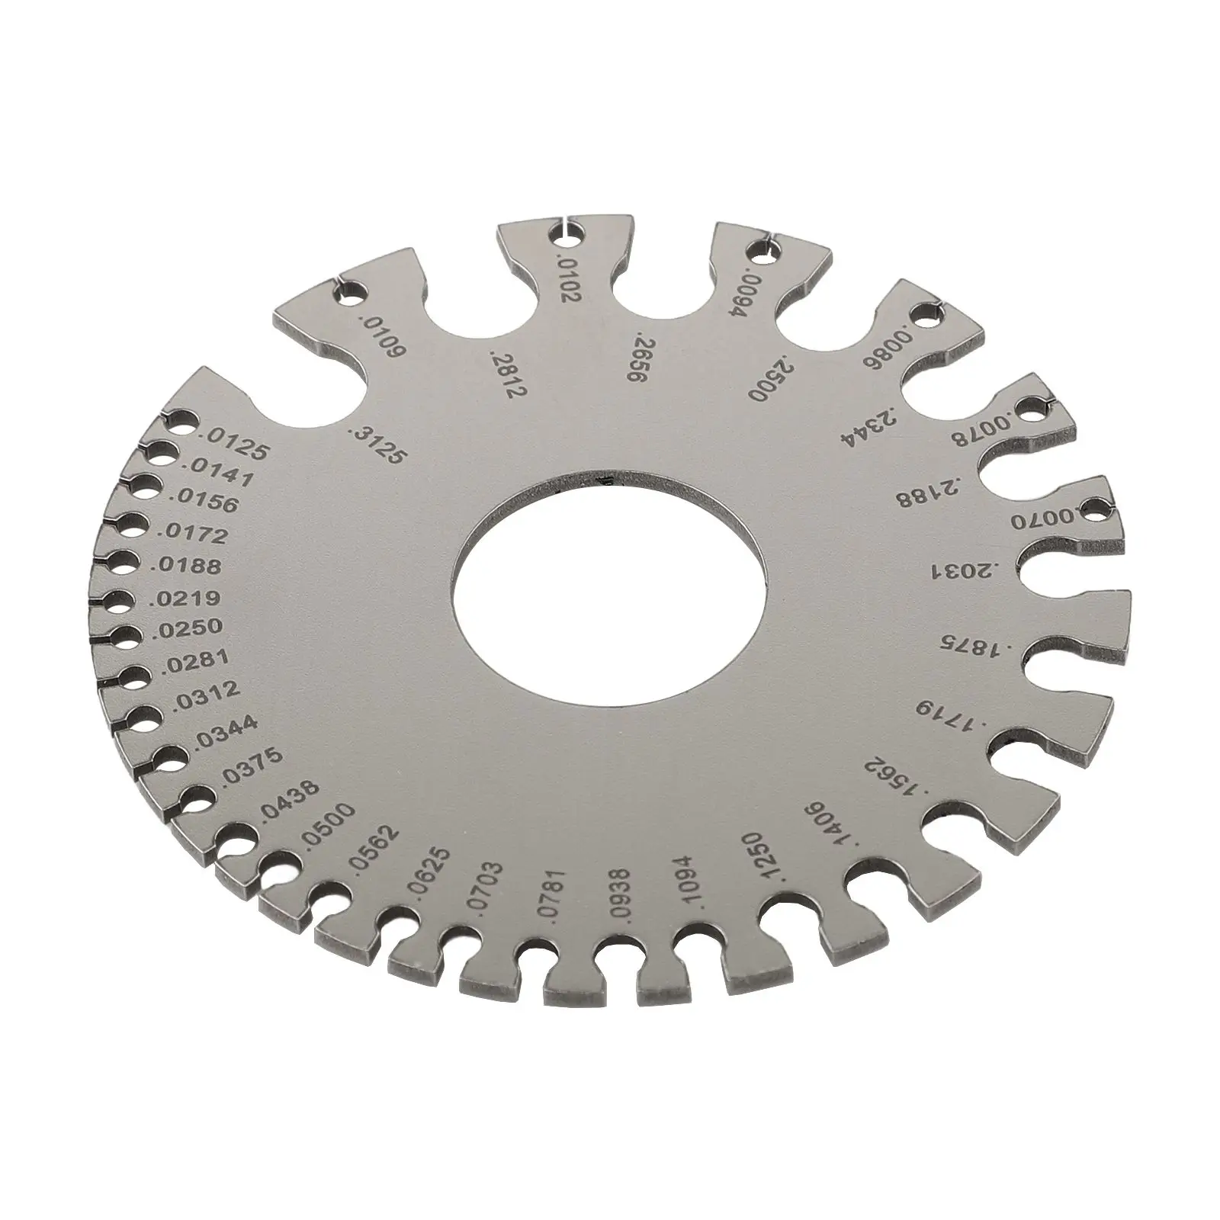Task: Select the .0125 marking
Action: pos(232,445)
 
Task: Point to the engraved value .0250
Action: pos(188,628)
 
